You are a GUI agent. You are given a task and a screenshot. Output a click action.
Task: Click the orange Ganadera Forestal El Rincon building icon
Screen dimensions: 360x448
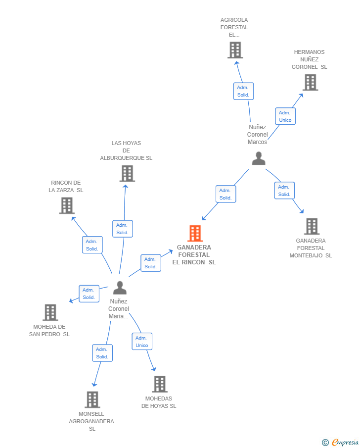tap(195, 233)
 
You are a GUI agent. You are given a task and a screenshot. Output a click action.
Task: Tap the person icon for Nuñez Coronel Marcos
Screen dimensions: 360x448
tap(259, 158)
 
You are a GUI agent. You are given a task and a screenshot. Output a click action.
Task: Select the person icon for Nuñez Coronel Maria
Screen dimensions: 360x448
tap(120, 288)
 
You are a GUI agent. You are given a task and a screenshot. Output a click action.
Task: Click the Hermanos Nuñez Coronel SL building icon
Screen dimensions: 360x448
tap(311, 82)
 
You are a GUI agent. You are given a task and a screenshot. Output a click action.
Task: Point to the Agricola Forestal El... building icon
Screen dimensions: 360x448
tap(235, 50)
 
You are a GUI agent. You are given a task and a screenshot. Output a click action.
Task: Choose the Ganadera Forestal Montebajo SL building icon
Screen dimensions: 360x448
tap(312, 226)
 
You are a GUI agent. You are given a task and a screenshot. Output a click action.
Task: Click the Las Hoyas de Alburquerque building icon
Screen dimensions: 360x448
tap(127, 173)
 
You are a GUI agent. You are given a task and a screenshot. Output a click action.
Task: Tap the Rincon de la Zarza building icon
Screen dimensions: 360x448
tap(67, 205)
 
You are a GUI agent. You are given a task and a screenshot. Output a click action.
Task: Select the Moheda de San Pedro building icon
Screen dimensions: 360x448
tap(50, 312)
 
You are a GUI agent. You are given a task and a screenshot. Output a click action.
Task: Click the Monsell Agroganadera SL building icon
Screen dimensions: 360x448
tap(92, 399)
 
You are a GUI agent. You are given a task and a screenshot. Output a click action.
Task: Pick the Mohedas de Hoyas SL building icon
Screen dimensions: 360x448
tap(160, 384)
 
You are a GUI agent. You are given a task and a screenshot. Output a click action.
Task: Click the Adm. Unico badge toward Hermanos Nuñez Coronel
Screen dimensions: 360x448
tap(285, 116)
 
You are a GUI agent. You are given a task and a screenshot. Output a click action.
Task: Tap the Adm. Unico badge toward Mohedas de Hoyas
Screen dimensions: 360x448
tap(142, 342)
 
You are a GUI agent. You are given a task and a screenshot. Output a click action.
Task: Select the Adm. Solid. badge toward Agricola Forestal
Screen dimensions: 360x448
tap(243, 91)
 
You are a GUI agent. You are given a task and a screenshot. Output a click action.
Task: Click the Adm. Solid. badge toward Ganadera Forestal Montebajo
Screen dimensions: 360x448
tap(284, 191)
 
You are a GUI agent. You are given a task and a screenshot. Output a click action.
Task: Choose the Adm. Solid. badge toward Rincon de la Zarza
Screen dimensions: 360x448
tap(92, 245)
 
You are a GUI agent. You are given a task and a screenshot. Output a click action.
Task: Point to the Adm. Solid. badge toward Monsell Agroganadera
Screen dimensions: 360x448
tap(102, 353)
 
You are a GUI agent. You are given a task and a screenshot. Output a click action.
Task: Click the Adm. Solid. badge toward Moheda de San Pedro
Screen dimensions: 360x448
tap(89, 294)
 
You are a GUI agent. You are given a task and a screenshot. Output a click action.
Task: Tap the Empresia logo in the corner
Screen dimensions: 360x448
tap(340, 442)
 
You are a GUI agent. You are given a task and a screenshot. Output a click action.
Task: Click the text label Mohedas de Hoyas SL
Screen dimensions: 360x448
tap(159, 402)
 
